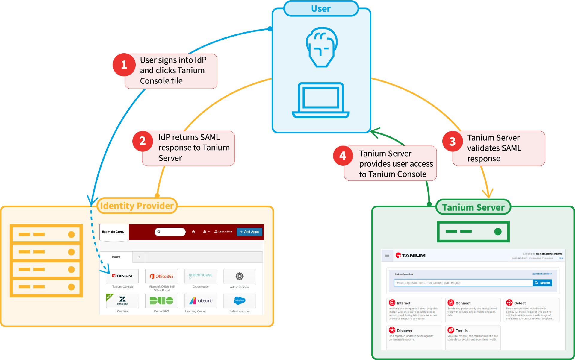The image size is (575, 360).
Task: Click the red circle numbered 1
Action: [124, 65]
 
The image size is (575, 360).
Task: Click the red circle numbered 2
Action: [143, 141]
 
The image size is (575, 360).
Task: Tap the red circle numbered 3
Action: [452, 142]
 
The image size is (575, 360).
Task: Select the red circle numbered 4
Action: [343, 156]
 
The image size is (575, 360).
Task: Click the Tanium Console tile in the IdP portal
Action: [122, 276]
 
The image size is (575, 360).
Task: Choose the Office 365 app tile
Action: [161, 276]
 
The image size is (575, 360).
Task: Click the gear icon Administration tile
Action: [240, 276]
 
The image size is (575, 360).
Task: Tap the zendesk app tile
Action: [122, 301]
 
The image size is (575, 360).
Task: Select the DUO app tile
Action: [161, 301]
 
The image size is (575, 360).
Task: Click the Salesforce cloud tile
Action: [240, 300]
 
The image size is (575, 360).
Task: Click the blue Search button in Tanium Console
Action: [542, 283]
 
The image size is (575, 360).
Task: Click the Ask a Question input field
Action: [463, 283]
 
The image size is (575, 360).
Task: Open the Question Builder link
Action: [541, 274]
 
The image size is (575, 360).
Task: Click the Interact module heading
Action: [403, 303]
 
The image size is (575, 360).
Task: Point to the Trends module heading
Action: [461, 331]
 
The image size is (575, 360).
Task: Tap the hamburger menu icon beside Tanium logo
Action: [387, 256]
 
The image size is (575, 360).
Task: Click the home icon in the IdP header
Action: [193, 232]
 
